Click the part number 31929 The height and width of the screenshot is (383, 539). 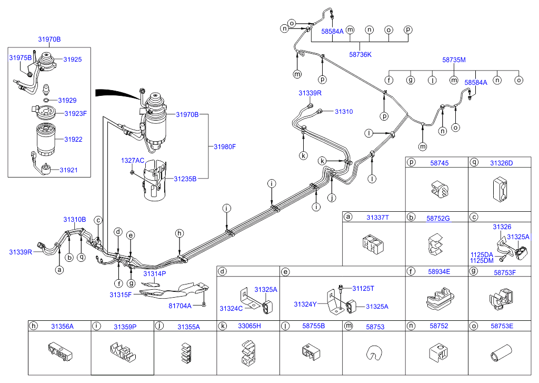tap(67, 100)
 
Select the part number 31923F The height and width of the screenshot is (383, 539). tap(75, 113)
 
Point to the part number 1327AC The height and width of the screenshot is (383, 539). tap(132, 160)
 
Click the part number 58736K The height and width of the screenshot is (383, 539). tap(360, 54)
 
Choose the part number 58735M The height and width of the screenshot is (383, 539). tap(454, 60)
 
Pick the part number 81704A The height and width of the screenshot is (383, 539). tap(181, 305)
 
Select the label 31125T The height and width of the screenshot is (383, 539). tap(363, 288)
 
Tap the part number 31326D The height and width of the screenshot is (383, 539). tap(501, 163)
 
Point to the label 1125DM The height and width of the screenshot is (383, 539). tap(482, 261)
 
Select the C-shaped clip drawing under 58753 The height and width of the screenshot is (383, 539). tap(374, 355)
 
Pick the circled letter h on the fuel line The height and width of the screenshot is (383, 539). tap(179, 233)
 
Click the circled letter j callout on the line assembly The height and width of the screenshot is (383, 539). tap(331, 199)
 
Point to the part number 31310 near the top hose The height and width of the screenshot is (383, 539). tap(343, 112)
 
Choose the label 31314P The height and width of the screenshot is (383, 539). tap(154, 273)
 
